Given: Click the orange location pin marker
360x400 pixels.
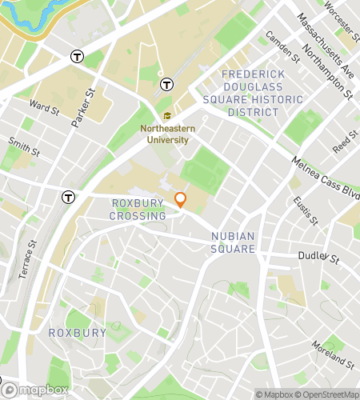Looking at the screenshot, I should pyautogui.click(x=181, y=199).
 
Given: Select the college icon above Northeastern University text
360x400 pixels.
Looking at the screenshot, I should pyautogui.click(x=166, y=116).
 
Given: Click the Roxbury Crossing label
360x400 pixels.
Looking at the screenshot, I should pyautogui.click(x=138, y=210).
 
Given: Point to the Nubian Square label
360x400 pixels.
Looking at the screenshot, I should pyautogui.click(x=233, y=242).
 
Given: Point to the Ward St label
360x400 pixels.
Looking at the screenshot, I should pyautogui.click(x=43, y=106).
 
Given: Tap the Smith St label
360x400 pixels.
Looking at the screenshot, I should pyautogui.click(x=23, y=147).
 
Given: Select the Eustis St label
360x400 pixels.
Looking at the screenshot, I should pyautogui.click(x=305, y=210).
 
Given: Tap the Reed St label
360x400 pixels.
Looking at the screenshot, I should pyautogui.click(x=346, y=144).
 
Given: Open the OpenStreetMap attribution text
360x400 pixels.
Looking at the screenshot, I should pyautogui.click(x=327, y=394).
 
